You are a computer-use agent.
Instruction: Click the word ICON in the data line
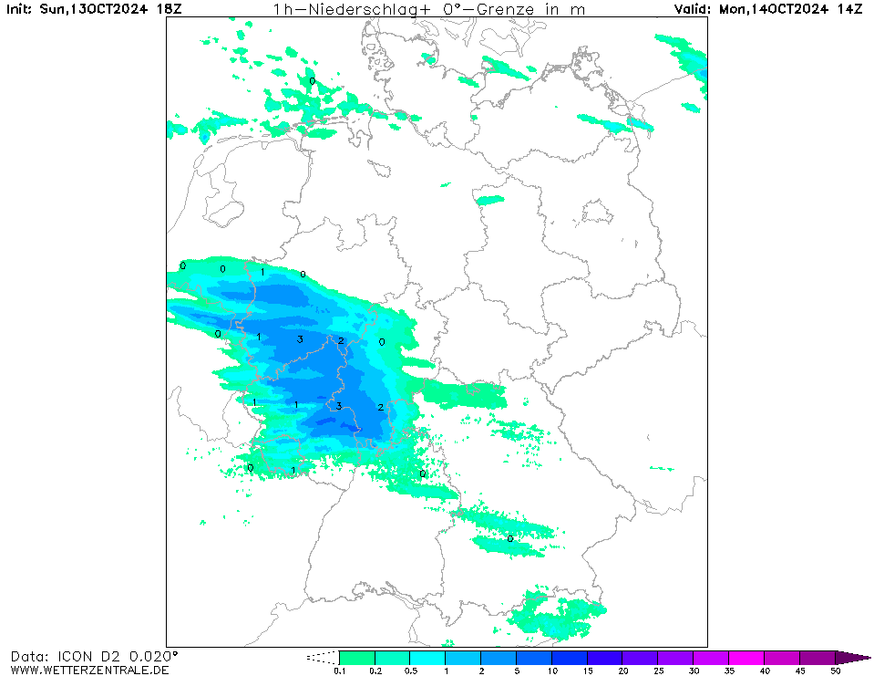(73, 656)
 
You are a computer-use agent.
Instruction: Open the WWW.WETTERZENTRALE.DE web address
(89, 671)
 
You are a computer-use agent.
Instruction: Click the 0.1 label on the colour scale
(339, 671)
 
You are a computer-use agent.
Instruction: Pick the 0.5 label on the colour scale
(410, 671)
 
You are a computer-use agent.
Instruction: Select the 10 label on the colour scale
(552, 671)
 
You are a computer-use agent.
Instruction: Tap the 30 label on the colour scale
(694, 671)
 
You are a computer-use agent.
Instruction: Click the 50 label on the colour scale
(836, 671)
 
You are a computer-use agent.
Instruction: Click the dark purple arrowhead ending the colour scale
(853, 657)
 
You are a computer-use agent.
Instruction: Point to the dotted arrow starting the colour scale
(323, 657)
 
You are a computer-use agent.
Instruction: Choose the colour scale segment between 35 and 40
(746, 657)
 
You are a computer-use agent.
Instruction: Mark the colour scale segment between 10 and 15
(570, 657)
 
